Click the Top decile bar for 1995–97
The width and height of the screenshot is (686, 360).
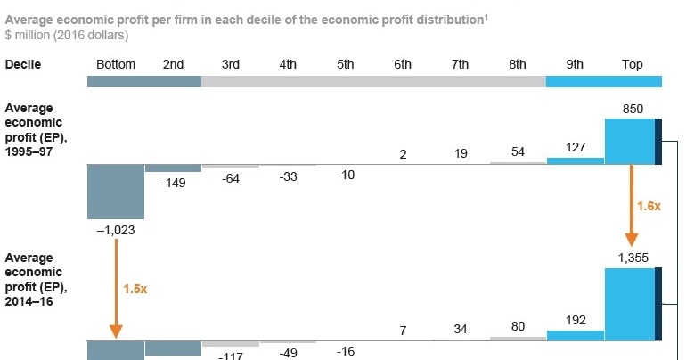click(x=629, y=142)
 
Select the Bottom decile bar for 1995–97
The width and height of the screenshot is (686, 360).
click(x=116, y=192)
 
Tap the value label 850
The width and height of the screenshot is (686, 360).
click(x=633, y=110)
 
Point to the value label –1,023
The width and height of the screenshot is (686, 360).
click(x=116, y=229)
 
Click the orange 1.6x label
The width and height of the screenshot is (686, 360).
click(x=648, y=206)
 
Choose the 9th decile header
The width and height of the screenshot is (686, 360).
click(x=575, y=64)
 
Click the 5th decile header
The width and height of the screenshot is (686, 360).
click(x=346, y=64)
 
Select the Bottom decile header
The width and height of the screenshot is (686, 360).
click(x=115, y=64)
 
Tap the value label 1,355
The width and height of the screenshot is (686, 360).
click(x=633, y=258)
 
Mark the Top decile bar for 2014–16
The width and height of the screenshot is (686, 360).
click(x=629, y=304)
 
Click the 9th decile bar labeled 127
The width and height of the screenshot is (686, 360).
click(x=575, y=160)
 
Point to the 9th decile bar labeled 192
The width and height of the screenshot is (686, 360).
click(x=575, y=335)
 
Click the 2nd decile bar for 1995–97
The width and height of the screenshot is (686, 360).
click(x=173, y=168)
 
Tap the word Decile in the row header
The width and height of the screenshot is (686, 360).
click(x=23, y=64)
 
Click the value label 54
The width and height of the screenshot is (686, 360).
click(x=517, y=151)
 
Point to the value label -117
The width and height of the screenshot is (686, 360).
click(x=231, y=355)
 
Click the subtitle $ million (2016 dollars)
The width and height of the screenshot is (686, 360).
click(x=66, y=36)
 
